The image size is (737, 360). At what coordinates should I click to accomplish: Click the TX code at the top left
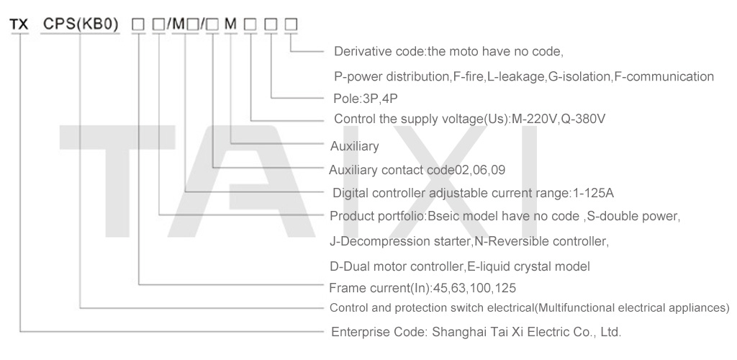tap(19, 24)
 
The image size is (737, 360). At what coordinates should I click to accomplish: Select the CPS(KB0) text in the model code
tap(81, 24)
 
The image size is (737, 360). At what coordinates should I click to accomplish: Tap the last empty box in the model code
tap(291, 24)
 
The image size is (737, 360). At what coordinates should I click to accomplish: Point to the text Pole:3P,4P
tap(365, 99)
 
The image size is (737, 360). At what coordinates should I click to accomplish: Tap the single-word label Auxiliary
tap(354, 146)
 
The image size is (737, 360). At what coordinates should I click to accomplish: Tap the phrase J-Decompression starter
tap(400, 242)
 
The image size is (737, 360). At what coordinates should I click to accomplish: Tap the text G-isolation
tap(580, 76)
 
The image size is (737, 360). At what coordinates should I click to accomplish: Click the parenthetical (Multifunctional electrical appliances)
tap(632, 308)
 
